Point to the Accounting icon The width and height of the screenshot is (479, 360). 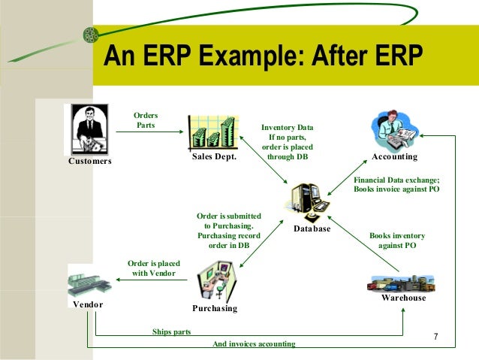(x=393, y=131)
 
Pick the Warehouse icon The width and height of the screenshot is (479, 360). (x=402, y=282)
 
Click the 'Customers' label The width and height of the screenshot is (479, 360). (x=90, y=161)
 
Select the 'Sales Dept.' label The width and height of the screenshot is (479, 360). (x=214, y=159)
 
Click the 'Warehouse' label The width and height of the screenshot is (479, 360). (x=403, y=298)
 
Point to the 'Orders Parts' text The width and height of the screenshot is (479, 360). (x=146, y=120)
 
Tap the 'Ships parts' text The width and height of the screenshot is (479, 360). (x=171, y=331)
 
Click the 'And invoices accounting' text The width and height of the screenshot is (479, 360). (x=254, y=343)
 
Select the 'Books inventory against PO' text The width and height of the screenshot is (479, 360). (x=397, y=241)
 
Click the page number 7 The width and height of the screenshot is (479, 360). (x=435, y=337)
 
